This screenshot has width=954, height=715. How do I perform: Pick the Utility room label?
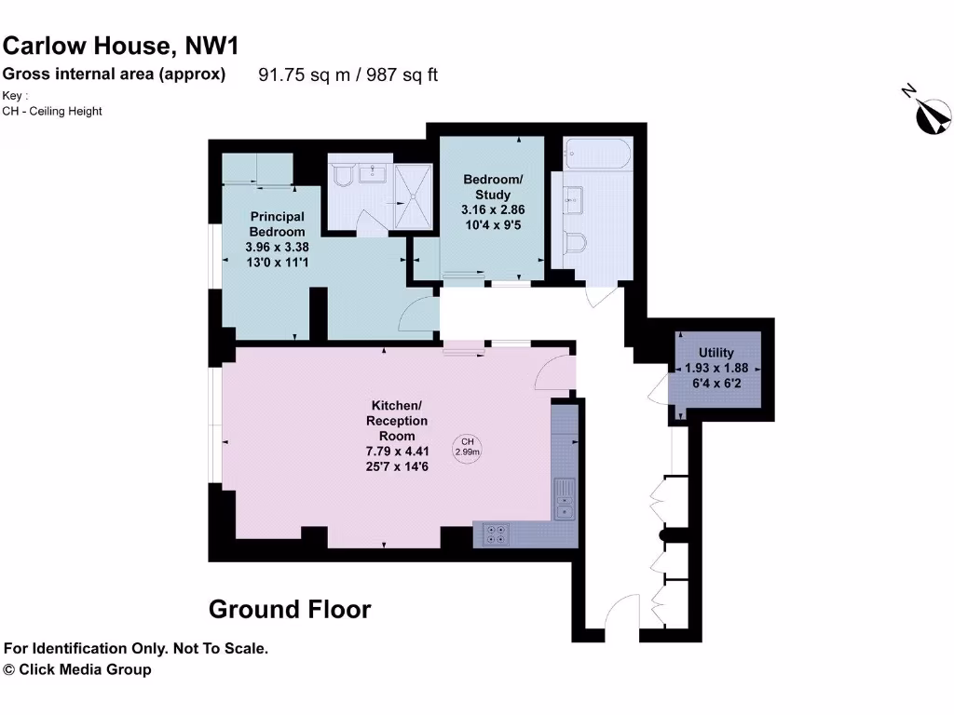pos(716,353)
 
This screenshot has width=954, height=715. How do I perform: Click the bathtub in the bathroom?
pos(597,155)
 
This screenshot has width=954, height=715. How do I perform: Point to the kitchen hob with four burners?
pos(497,533)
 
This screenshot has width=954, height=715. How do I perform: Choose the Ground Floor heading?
pos(290,610)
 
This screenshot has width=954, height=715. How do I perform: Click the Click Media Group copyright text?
pos(77,669)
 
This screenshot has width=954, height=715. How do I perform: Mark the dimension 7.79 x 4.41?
pos(397,452)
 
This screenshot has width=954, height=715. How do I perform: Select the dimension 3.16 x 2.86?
pos(492,210)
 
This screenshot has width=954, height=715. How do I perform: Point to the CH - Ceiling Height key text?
pos(52,111)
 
